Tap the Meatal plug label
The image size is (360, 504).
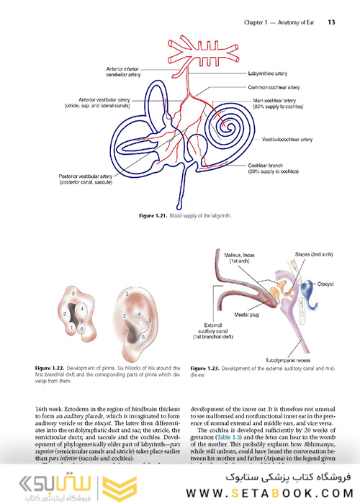click(247, 314)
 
